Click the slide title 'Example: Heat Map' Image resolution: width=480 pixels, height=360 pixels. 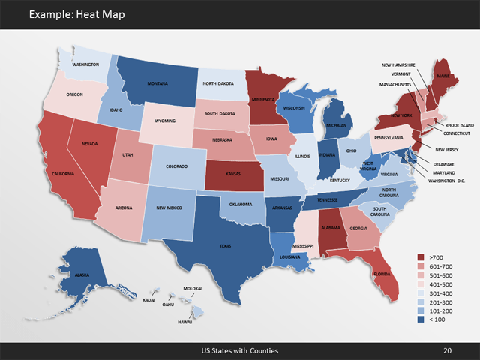73,14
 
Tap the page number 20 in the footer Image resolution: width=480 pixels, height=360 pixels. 448,350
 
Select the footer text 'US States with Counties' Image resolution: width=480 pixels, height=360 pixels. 239,350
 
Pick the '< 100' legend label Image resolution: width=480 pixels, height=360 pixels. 436,320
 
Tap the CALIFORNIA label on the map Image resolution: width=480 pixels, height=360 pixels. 62,174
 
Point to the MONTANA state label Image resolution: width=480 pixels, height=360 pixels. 157,83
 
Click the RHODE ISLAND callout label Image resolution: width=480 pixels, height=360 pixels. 454,125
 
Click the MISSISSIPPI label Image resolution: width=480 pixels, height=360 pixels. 302,245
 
